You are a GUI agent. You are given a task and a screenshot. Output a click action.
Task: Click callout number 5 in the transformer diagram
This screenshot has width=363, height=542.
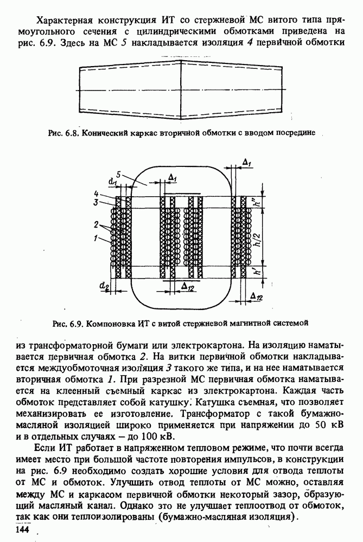pos(118,175)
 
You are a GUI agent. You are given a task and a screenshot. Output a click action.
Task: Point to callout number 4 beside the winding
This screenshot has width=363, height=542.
pos(95,193)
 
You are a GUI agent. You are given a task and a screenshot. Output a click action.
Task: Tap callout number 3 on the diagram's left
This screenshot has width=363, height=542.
pos(95,202)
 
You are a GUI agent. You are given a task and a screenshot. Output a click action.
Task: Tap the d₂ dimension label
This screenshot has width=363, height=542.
pos(103,285)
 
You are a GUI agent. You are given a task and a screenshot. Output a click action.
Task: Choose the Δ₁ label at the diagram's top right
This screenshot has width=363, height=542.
pos(246,163)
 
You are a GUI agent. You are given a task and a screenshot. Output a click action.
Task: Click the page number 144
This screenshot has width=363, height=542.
pos(24,528)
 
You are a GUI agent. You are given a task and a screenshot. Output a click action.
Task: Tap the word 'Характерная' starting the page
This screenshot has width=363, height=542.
pos(67,21)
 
